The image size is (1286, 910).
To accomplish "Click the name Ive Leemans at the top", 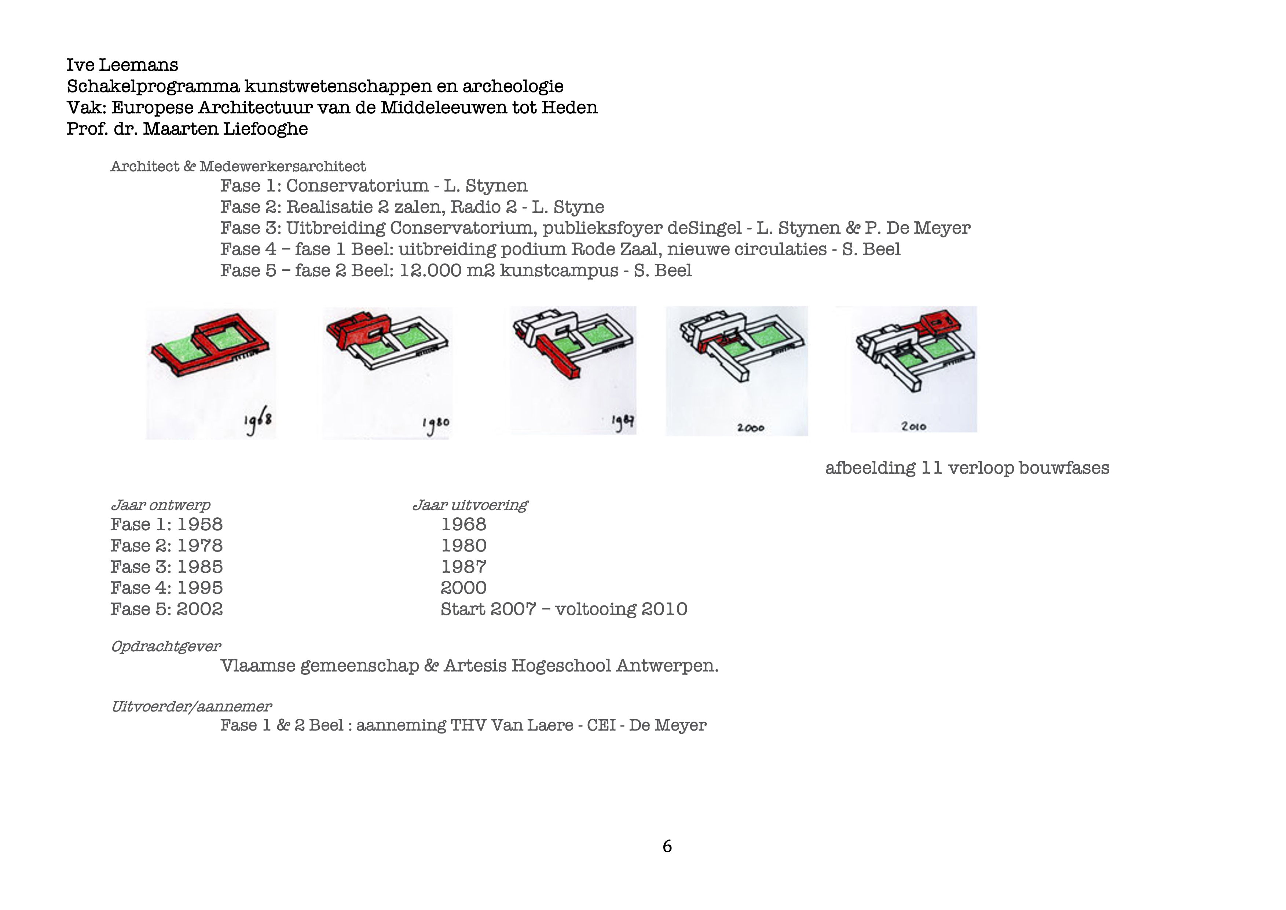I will pyautogui.click(x=122, y=65).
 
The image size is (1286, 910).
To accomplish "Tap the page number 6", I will pyautogui.click(x=667, y=846).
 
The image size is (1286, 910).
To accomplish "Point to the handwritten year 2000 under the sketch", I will pyautogui.click(x=751, y=427).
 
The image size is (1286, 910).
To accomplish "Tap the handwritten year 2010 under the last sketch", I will pyautogui.click(x=913, y=426).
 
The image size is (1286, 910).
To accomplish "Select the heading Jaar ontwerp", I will pyautogui.click(x=160, y=505).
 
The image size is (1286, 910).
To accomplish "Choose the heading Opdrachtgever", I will pyautogui.click(x=166, y=646).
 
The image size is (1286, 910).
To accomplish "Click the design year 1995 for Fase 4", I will pyautogui.click(x=199, y=588).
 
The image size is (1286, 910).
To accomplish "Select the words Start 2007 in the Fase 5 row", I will pyautogui.click(x=488, y=609).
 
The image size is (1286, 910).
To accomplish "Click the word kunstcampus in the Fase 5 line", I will pyautogui.click(x=558, y=271).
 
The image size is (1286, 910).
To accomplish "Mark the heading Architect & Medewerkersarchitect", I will pyautogui.click(x=238, y=167).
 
